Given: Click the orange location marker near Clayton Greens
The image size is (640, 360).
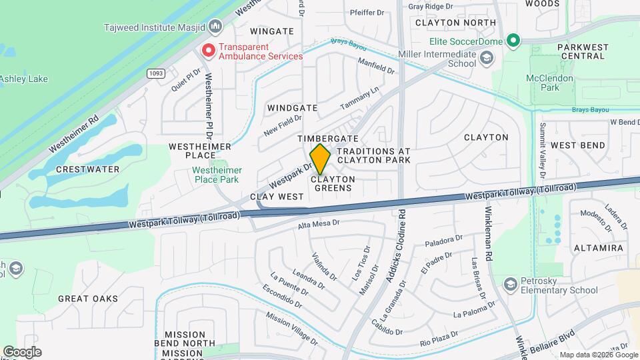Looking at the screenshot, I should tap(321, 159).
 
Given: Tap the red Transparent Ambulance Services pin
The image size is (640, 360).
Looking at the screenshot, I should tap(209, 50).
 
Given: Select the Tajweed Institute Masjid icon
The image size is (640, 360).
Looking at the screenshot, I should tap(215, 27).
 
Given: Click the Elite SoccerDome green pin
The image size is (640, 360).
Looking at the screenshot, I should tap(513, 41).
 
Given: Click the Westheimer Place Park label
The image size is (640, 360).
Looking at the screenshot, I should tap(216, 175).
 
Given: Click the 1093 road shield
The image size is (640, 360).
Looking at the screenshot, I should tap(156, 73).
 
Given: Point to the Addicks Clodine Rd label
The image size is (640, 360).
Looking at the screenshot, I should tap(395, 246).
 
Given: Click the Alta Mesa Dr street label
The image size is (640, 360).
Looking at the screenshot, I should tap(319, 225).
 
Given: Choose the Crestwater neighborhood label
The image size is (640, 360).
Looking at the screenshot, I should tap(87, 169).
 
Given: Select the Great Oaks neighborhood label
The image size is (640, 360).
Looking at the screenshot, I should tap(88, 299).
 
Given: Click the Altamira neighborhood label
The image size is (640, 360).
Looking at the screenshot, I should tap(598, 248).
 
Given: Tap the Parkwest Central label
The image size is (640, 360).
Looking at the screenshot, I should tap(583, 51).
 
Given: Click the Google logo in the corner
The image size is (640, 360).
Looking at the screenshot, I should tap(22, 351).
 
